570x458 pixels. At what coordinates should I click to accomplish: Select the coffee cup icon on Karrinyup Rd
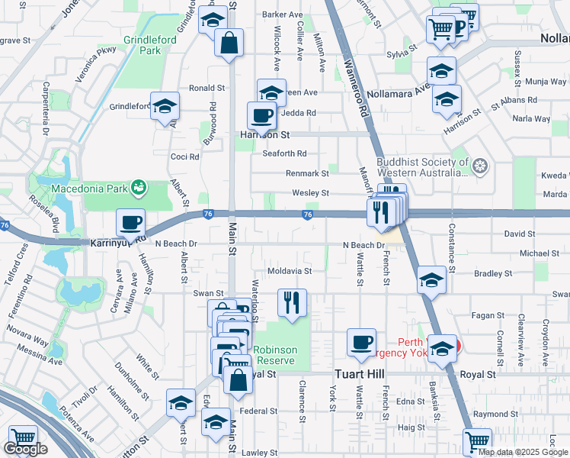[130, 222]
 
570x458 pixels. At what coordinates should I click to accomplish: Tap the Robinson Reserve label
[277, 354]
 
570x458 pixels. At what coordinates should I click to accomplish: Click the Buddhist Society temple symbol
[480, 165]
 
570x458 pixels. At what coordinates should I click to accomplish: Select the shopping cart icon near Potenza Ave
[23, 439]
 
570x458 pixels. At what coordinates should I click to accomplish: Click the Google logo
[26, 449]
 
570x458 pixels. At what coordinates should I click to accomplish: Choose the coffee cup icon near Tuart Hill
[361, 341]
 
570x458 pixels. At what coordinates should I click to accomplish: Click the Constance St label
[452, 248]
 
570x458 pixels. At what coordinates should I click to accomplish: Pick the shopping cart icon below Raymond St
[477, 440]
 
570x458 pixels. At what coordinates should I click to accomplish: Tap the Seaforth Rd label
[284, 153]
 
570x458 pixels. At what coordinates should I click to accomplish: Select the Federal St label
[258, 411]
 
